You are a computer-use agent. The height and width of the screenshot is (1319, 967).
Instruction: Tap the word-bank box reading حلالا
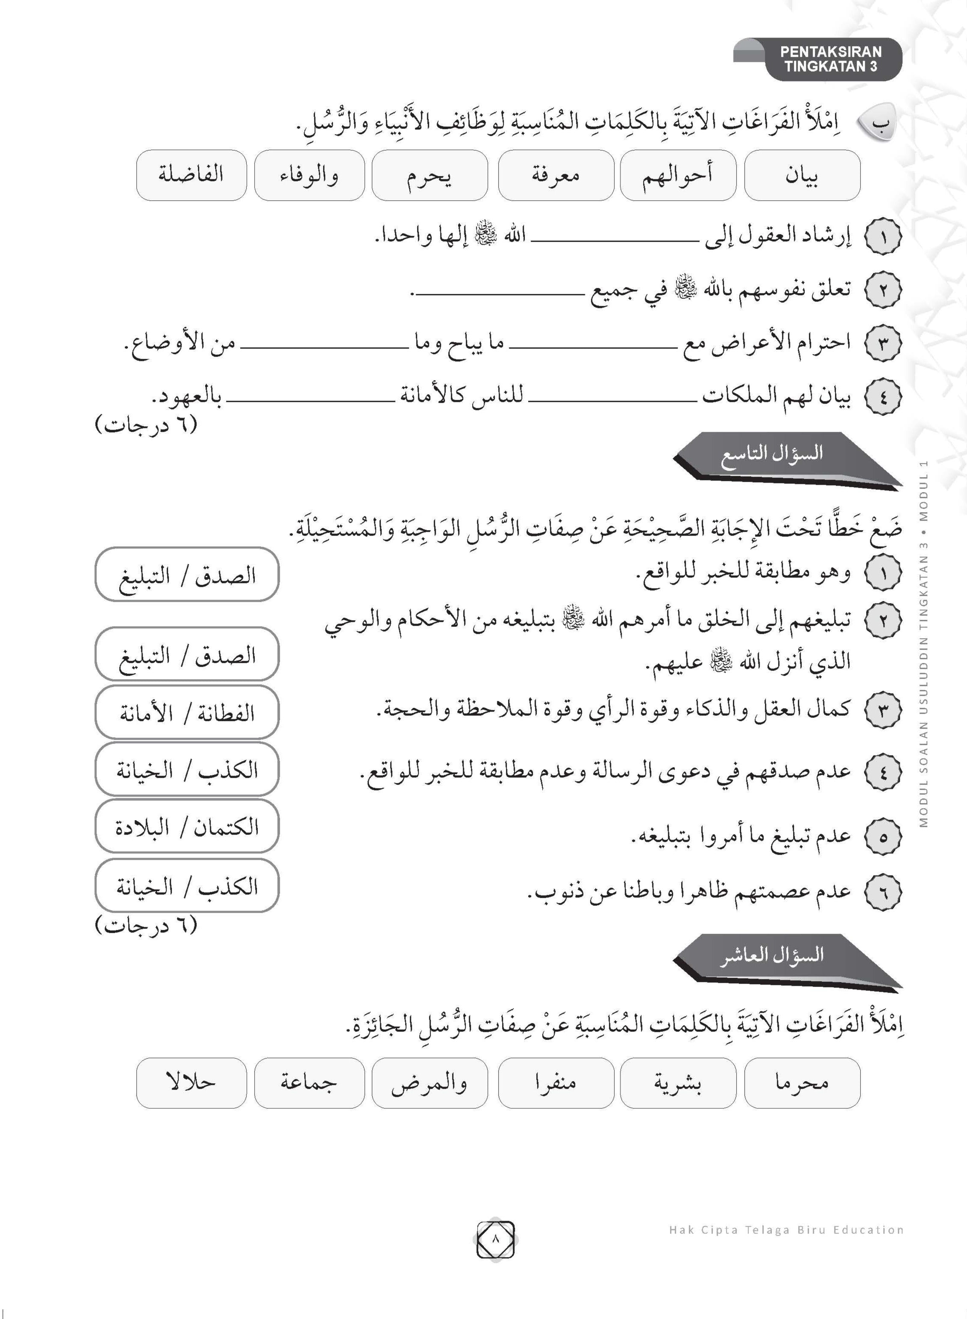(x=191, y=1083)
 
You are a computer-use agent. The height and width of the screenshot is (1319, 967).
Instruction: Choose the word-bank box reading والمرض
(x=429, y=1083)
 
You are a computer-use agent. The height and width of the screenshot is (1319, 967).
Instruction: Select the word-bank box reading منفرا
(x=556, y=1083)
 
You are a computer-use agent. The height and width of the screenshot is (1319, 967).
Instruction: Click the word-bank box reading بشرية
(x=677, y=1083)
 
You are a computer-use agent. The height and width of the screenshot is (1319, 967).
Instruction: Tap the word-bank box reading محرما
(x=802, y=1083)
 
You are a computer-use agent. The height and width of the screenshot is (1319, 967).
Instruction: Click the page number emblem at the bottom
(x=495, y=1239)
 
